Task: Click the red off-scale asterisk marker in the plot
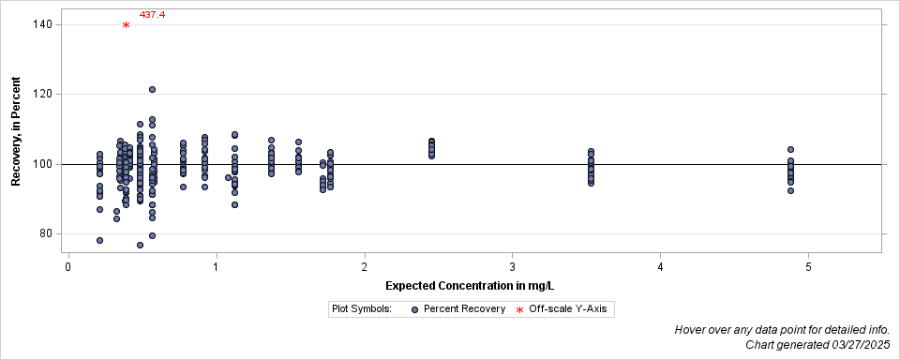(126, 25)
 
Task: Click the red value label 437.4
(152, 15)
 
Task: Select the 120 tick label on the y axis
(44, 94)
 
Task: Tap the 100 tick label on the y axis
(44, 164)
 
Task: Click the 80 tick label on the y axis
(47, 233)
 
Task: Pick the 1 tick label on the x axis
(217, 267)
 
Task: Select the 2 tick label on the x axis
(365, 267)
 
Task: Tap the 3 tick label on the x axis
(513, 267)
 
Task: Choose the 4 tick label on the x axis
(661, 267)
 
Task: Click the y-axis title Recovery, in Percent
(17, 131)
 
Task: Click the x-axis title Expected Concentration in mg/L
(475, 285)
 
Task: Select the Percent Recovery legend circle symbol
(414, 308)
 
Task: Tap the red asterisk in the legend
(519, 309)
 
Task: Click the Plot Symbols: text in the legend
(362, 308)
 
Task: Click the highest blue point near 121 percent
(152, 90)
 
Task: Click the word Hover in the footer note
(692, 330)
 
